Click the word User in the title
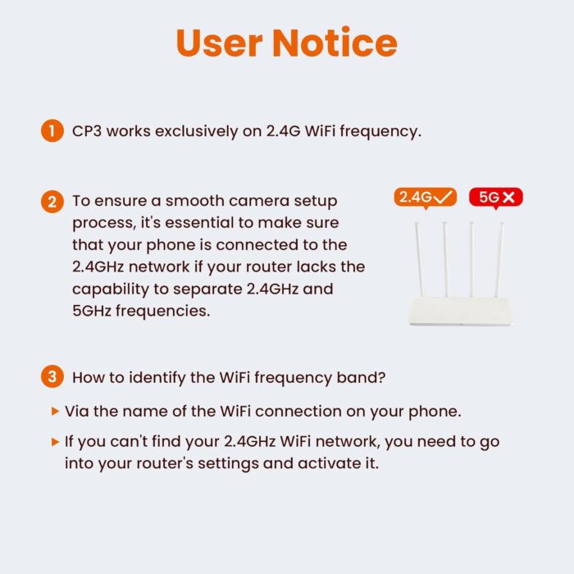click(x=220, y=43)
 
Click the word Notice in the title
click(x=335, y=42)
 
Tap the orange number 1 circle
click(x=52, y=130)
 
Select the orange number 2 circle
click(x=52, y=202)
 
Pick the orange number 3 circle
click(x=52, y=376)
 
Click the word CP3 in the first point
click(x=87, y=131)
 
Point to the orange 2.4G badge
click(x=426, y=198)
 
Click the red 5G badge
click(x=495, y=198)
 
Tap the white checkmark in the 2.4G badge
click(x=442, y=198)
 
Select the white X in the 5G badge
click(x=509, y=198)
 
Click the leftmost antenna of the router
click(x=419, y=259)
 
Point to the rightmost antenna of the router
click(x=499, y=260)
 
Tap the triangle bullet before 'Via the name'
click(x=55, y=411)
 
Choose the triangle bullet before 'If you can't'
click(x=55, y=441)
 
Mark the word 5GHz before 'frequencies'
click(x=92, y=311)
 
